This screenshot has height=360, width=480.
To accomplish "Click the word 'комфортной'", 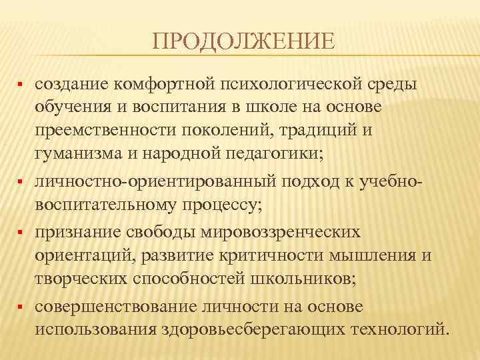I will tap(161, 85).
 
